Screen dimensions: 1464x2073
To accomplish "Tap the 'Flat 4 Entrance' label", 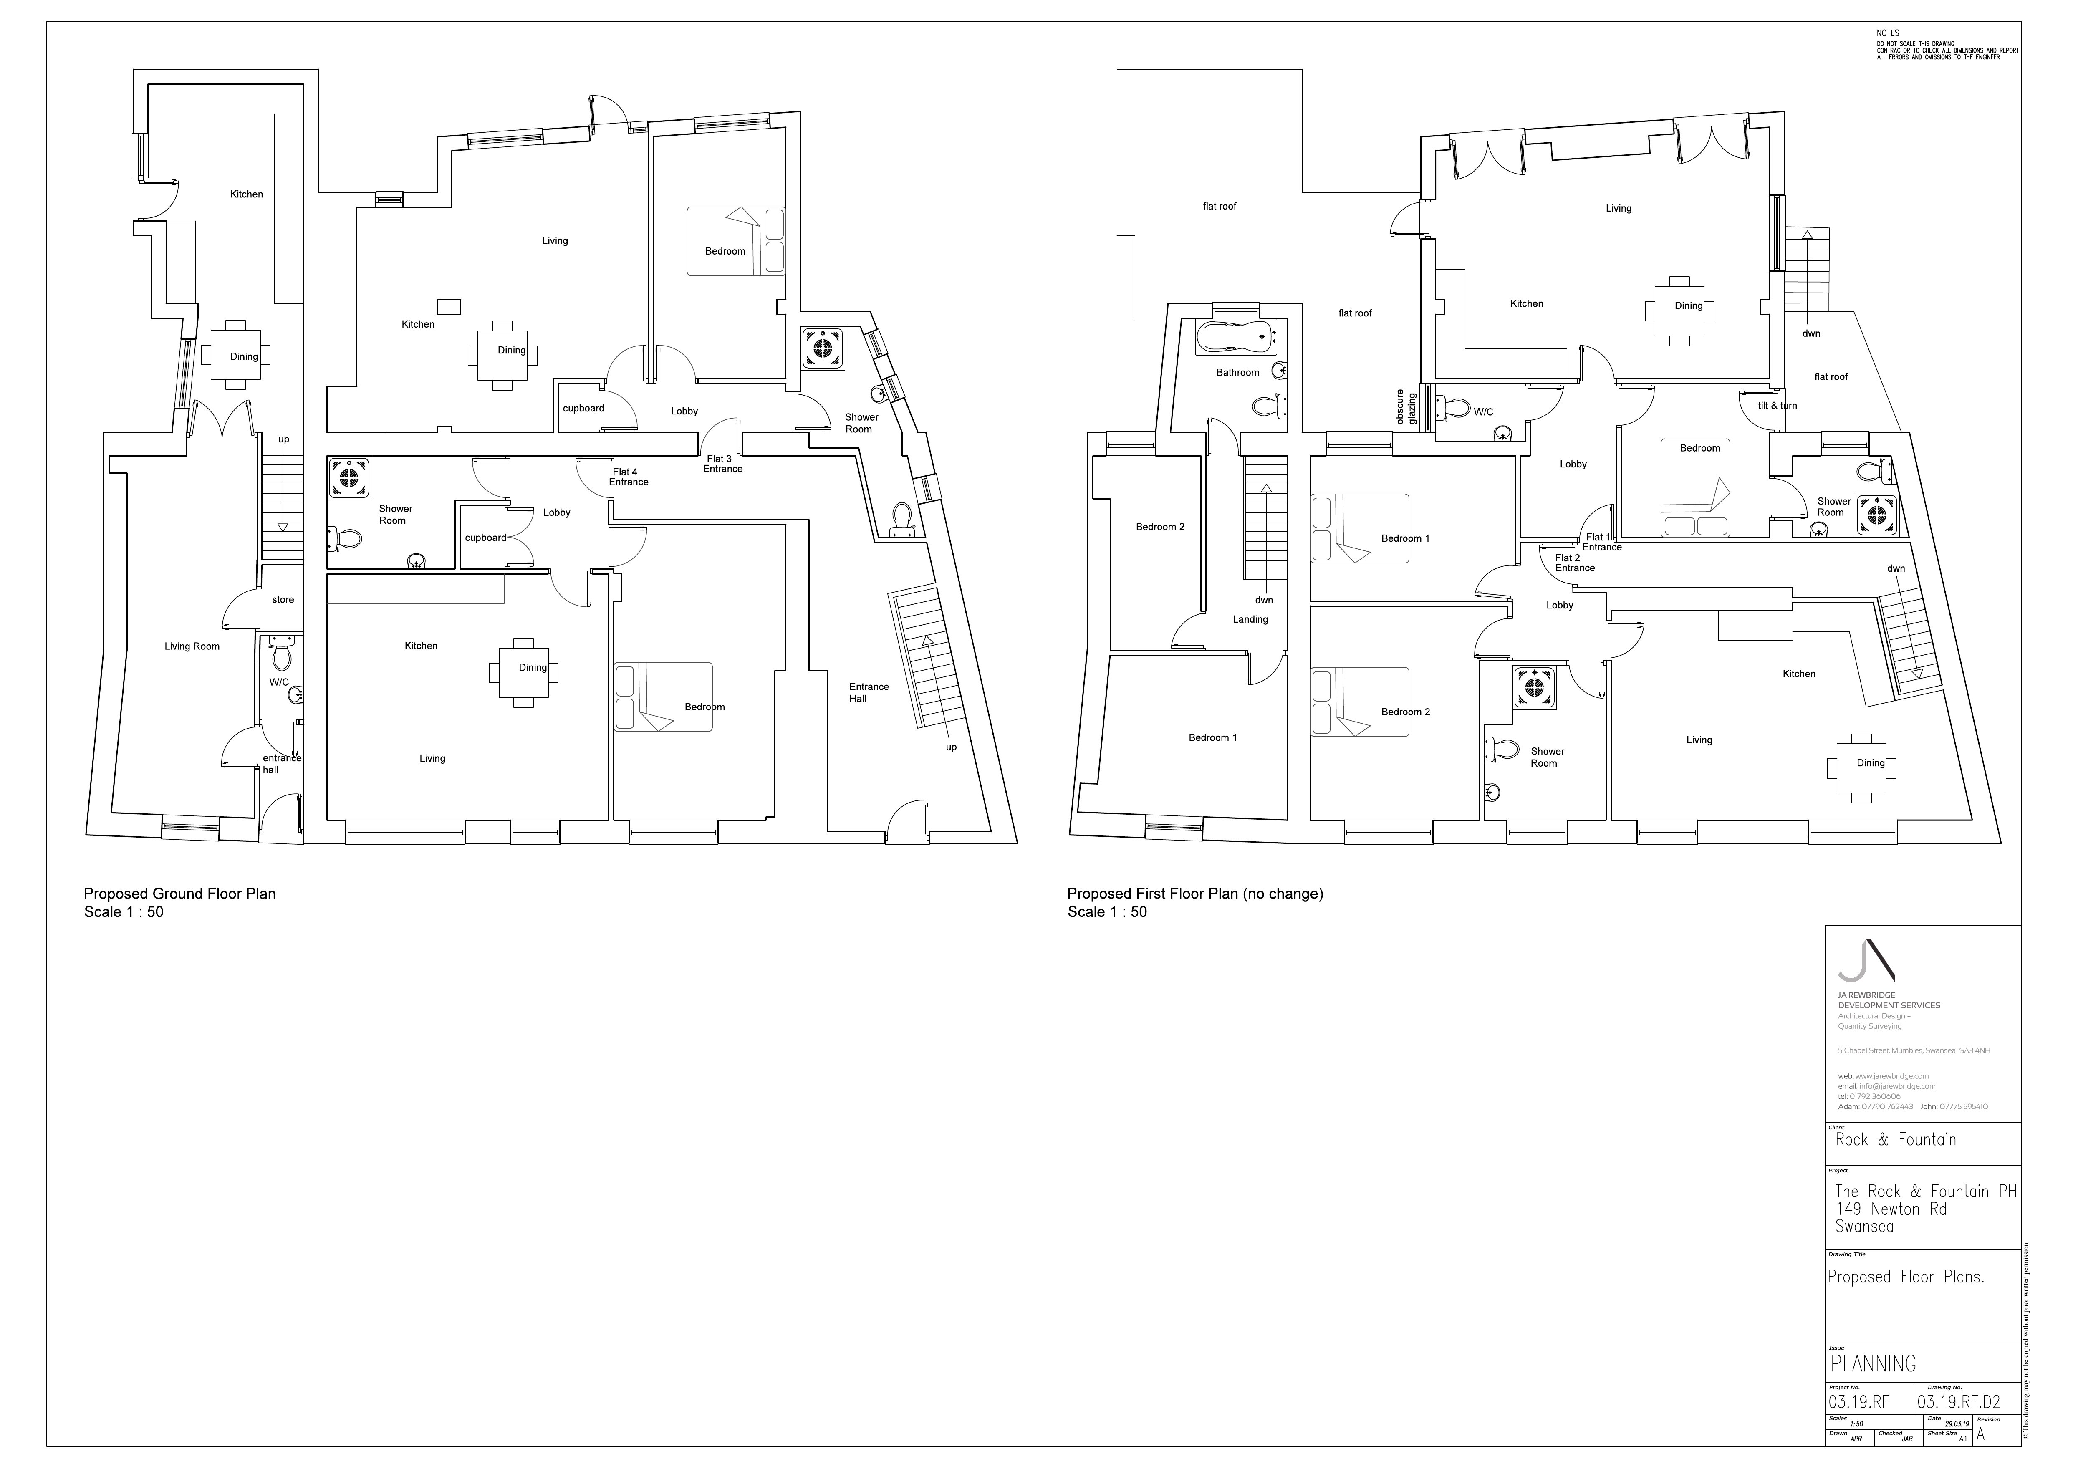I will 628,477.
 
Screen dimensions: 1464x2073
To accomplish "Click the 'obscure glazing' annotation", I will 1406,407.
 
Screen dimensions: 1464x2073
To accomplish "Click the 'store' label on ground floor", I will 283,599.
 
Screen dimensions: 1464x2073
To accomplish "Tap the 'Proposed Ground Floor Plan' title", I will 180,894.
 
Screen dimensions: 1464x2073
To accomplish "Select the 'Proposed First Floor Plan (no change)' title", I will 1194,894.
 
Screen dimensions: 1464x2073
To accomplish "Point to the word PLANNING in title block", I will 1873,1363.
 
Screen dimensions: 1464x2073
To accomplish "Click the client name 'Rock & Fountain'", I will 1895,1139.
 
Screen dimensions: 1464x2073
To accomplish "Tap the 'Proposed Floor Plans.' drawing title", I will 1905,1276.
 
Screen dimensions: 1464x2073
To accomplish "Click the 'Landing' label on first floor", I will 1250,619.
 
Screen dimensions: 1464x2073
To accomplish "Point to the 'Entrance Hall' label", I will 868,692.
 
